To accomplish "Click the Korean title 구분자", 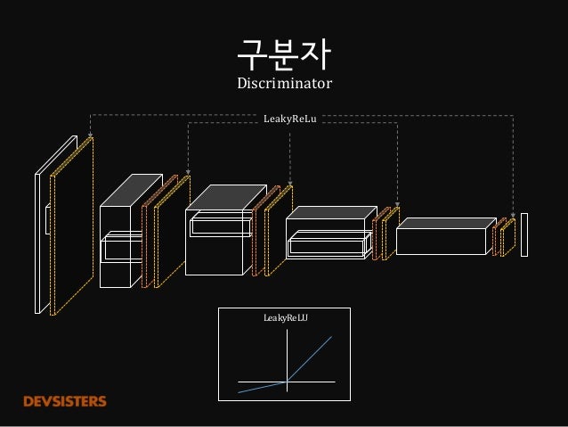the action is pos(283,55).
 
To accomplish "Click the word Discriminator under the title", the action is pos(283,85).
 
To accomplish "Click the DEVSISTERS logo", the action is pos(64,401).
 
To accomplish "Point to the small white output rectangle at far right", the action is pos(524,234).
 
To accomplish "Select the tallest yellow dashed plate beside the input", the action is pos(71,232).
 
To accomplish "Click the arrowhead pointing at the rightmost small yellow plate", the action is pos(513,216).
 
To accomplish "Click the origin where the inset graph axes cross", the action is pos(286,382).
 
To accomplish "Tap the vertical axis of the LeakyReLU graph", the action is pos(286,357).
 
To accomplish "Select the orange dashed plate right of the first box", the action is pos(148,236).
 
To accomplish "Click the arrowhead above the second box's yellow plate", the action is pos(188,174).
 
